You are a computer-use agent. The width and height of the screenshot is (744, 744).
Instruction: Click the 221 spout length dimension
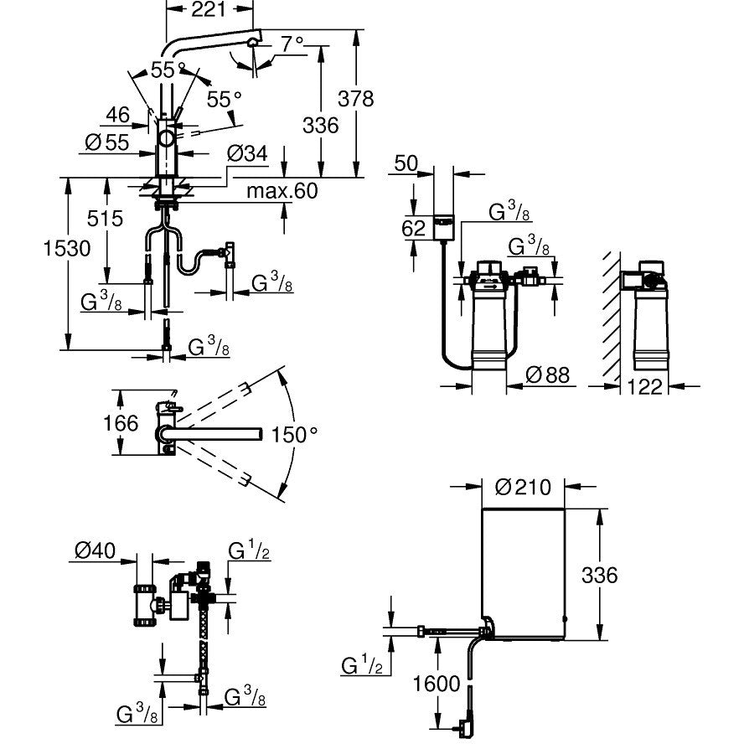click(x=209, y=11)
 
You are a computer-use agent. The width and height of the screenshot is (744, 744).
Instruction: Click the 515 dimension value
click(x=106, y=219)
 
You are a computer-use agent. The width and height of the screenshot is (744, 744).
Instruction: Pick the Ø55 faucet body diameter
click(x=106, y=142)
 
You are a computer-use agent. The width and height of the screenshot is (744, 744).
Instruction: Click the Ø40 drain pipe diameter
click(x=94, y=550)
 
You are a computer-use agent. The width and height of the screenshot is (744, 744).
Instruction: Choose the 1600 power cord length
click(x=436, y=685)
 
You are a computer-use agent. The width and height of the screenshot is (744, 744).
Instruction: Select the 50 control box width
click(x=406, y=163)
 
